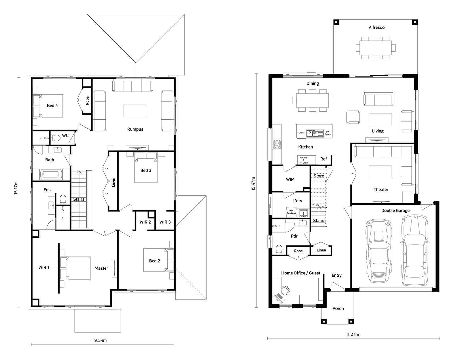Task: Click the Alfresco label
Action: pos(377,27)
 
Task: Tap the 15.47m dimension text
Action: pos(253,184)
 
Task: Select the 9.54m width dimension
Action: pos(100,340)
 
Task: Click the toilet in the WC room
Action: pos(56,138)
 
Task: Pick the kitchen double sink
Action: pos(315,133)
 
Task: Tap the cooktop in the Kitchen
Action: pos(277,144)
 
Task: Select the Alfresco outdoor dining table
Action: pos(375,48)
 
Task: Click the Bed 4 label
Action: pos(52,105)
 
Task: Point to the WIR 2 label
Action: pos(145,222)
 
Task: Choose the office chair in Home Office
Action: pos(285,291)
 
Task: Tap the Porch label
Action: pos(338,308)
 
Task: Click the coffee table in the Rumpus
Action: pos(134,110)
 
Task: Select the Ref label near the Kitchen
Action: pos(323,159)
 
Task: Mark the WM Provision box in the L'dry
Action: pos(291,212)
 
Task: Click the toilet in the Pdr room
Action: pos(279,250)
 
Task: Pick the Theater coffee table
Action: pos(380,171)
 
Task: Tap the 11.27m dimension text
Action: pos(352,334)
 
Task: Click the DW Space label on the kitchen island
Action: pos(328,133)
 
